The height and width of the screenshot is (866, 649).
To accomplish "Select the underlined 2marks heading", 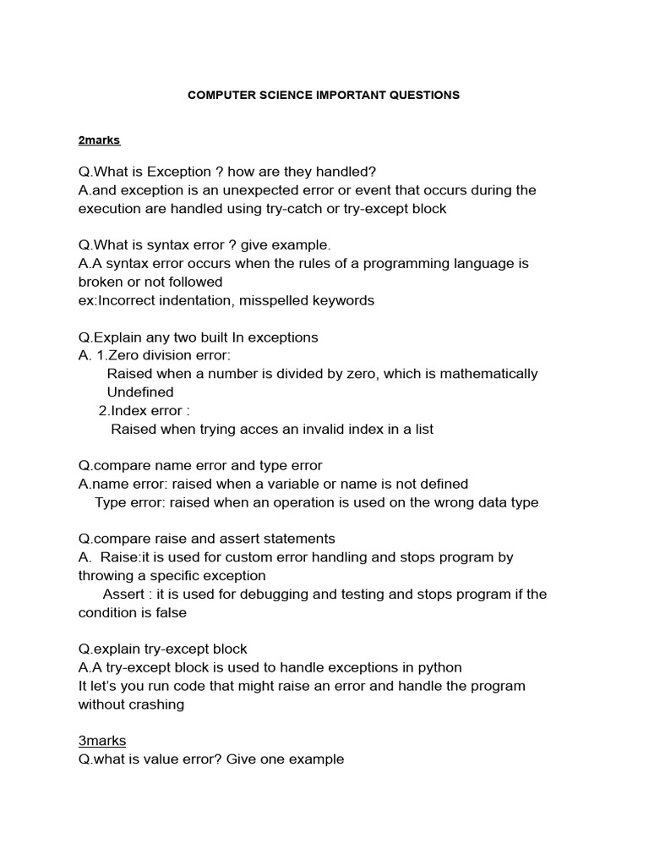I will [100, 140].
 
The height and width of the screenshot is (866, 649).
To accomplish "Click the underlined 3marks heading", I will [102, 741].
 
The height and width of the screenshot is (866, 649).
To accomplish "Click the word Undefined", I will [140, 392].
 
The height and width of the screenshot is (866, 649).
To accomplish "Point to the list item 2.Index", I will [128, 410].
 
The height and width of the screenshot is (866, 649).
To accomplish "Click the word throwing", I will [105, 576].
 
